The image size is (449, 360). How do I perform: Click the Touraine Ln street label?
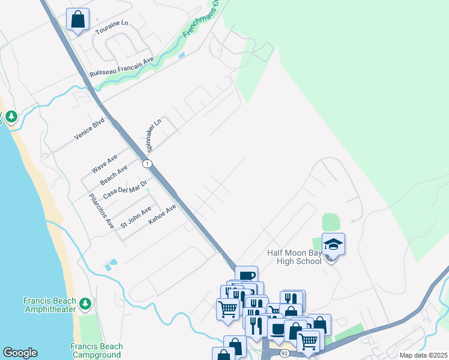click(x=116, y=24)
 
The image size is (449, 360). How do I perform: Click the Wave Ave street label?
click(x=104, y=164)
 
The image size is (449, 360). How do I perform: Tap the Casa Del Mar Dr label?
click(x=125, y=189)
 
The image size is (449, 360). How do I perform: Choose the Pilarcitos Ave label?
click(x=101, y=211)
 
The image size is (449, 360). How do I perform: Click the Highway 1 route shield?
click(x=146, y=164)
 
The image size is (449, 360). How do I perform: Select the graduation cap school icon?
click(x=333, y=244)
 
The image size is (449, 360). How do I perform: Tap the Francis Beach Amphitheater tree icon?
click(x=86, y=304)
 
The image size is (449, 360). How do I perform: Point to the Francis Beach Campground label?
click(x=96, y=350)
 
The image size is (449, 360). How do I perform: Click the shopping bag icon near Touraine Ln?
click(x=77, y=20)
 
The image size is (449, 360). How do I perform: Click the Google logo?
click(x=20, y=353)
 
